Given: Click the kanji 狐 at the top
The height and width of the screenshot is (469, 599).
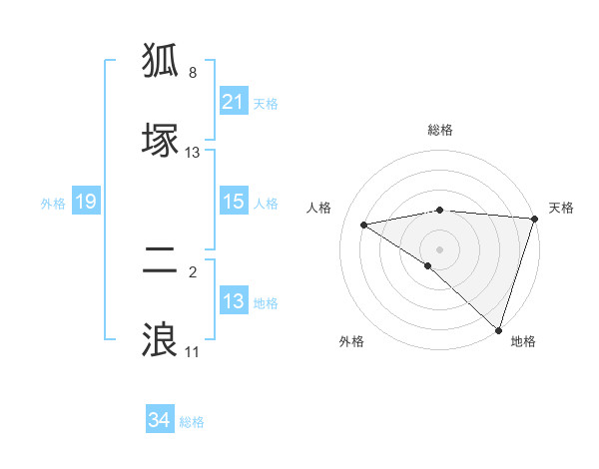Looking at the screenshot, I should tap(161, 61).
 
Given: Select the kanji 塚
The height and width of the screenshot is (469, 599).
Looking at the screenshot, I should tap(161, 140).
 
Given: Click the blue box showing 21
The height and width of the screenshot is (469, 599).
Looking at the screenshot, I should tap(234, 102).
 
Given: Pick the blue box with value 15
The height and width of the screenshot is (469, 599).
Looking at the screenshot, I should tap(234, 202).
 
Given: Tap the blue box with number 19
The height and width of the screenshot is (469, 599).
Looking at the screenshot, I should tap(85, 202).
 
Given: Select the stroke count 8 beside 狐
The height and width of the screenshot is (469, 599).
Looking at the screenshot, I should tap(193, 73).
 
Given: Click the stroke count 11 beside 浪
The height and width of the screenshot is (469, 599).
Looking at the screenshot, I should tap(192, 351).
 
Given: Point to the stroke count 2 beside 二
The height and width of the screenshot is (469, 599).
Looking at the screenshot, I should tap(193, 271).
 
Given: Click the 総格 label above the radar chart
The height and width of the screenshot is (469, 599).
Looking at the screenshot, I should tap(440, 130).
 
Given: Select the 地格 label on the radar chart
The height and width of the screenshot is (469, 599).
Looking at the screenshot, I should tap(523, 341).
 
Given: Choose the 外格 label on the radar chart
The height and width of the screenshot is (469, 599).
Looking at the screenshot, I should tap(351, 341).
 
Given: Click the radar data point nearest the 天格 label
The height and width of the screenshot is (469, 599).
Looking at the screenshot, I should tap(534, 219).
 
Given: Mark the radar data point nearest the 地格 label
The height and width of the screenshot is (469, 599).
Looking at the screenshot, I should tap(498, 328).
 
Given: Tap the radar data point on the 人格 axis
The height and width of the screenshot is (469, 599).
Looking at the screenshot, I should tap(364, 225).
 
